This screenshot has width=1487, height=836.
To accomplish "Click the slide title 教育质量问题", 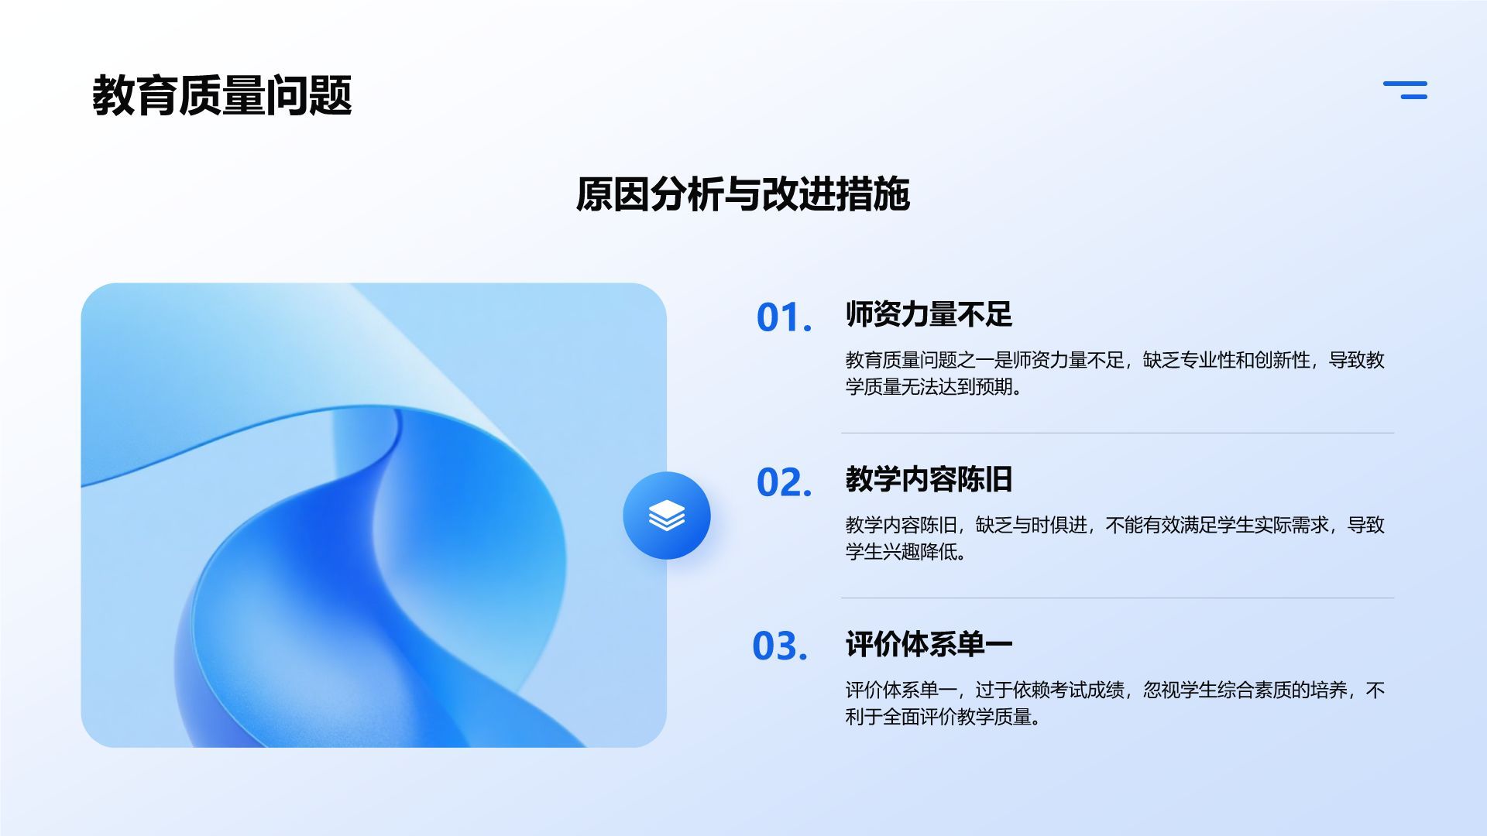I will point(222,96).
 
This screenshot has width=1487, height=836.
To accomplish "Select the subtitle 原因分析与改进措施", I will point(742,194).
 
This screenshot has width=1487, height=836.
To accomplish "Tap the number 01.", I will point(784,317).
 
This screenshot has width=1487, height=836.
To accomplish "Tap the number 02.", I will point(784,482).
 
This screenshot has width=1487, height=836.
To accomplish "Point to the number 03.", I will point(780,646).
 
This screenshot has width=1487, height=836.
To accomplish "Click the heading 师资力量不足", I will point(929,314).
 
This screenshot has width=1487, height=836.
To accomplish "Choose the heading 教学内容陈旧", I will point(929,479).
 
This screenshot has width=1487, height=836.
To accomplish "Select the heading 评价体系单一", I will point(929,644).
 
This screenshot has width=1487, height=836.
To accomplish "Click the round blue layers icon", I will point(666,516).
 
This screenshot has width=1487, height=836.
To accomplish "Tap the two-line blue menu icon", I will point(1405,90).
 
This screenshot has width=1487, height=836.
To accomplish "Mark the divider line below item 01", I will point(1117,433).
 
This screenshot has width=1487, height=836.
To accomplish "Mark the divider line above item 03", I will point(1117,598).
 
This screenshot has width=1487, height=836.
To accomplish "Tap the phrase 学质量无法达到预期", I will point(929,386).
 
